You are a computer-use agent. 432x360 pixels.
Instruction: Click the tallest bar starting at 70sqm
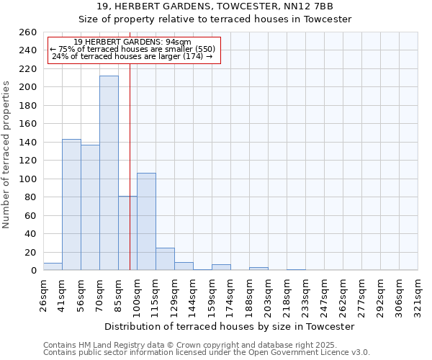109,173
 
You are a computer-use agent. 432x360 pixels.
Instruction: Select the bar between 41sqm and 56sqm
71,204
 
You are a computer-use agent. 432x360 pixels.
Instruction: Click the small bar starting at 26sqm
53,266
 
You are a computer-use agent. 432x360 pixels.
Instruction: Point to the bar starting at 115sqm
165,259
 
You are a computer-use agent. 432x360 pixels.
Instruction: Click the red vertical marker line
130,144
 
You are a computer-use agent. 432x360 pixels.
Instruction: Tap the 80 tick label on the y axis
30,197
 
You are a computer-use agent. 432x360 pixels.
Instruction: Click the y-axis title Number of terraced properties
7,155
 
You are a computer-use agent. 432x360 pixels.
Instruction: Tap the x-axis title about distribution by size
230,326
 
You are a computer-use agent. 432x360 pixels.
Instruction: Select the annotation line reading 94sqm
132,42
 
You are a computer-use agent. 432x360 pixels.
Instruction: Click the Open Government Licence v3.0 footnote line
207,353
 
